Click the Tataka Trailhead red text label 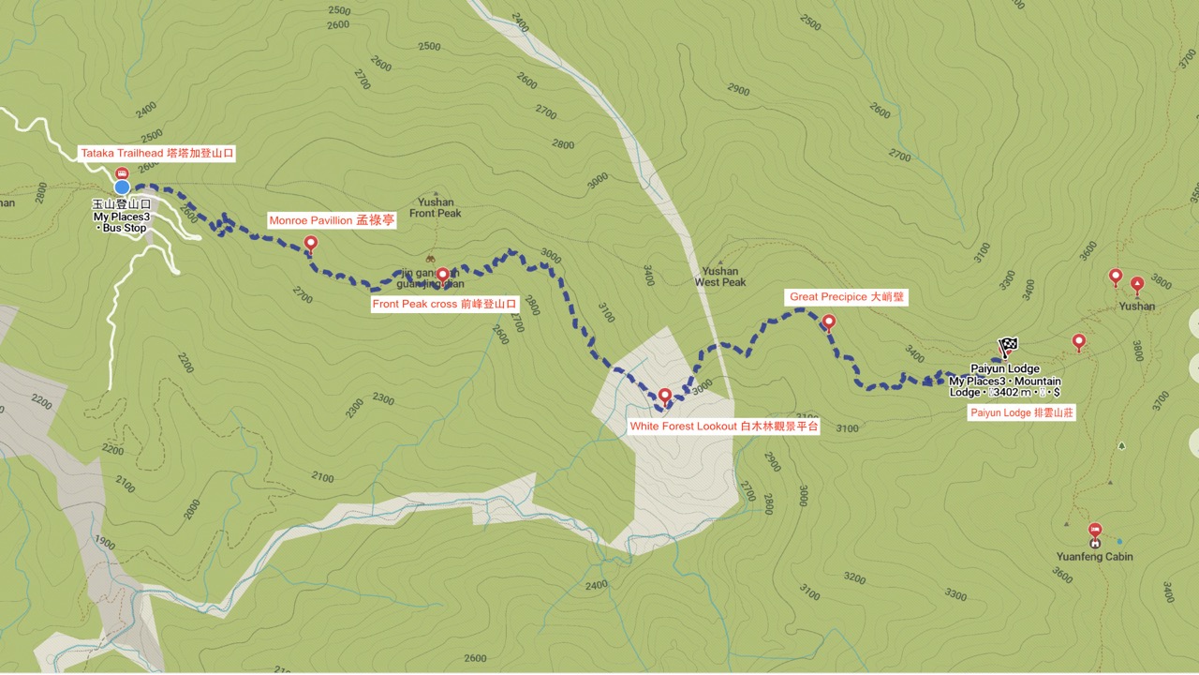(156, 153)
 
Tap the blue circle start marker (122, 187)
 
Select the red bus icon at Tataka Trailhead (121, 173)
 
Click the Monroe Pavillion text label (332, 221)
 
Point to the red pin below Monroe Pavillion (311, 244)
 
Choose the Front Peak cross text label (444, 304)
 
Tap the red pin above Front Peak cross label (442, 275)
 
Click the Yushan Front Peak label (436, 207)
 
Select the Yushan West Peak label (720, 277)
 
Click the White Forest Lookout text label (724, 426)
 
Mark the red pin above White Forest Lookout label (665, 396)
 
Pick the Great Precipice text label (848, 297)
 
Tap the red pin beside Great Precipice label (828, 322)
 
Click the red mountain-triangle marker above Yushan (1137, 282)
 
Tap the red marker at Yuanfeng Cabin (1095, 531)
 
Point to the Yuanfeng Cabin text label (1094, 556)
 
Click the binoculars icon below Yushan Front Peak (430, 259)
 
